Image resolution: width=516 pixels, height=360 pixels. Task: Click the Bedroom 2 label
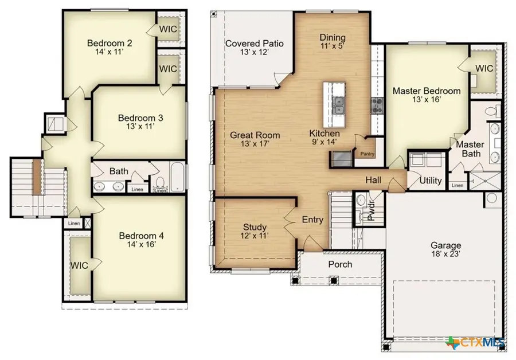point(109,43)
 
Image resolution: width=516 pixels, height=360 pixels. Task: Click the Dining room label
point(332,38)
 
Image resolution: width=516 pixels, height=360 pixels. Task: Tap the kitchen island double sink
point(338,105)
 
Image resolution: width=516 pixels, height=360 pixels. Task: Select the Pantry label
point(366,154)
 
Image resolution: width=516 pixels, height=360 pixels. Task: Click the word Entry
point(312,220)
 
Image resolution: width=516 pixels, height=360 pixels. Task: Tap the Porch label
point(340,264)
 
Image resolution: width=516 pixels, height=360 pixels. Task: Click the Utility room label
point(430,181)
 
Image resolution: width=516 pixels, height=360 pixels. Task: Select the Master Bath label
point(470,149)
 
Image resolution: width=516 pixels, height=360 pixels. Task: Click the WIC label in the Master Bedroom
point(484,68)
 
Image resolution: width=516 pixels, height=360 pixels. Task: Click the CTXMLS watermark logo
point(475,342)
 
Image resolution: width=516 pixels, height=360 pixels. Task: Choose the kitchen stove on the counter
point(376,104)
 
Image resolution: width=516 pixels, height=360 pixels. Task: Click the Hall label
point(374,181)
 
